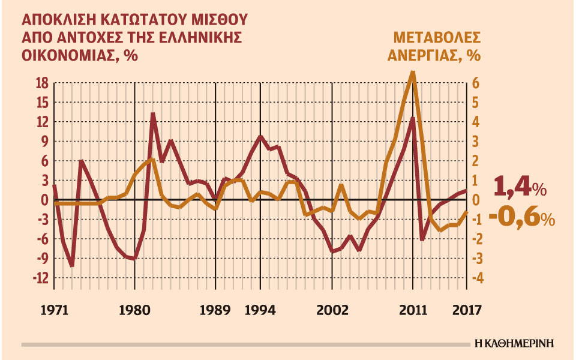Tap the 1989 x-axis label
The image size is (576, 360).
tap(215, 311)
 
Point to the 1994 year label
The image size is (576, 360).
tap(260, 311)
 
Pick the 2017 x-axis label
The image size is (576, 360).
tap(467, 311)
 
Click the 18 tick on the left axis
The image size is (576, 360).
tap(41, 83)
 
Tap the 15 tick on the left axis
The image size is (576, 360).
tap(41, 103)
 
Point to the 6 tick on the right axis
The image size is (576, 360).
tap(475, 83)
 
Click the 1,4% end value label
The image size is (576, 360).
tap(520, 188)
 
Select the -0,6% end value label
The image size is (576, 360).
tap(521, 217)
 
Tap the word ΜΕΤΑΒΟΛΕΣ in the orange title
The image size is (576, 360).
tap(436, 38)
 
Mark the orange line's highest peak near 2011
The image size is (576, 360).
tap(412, 73)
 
